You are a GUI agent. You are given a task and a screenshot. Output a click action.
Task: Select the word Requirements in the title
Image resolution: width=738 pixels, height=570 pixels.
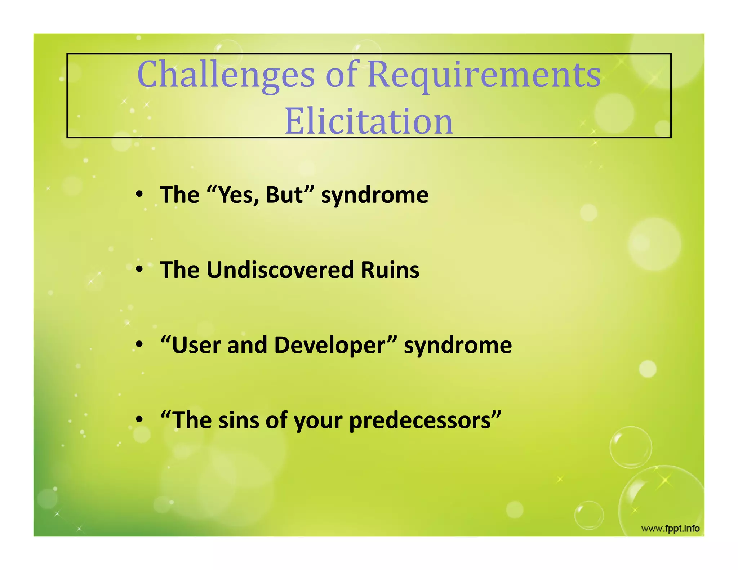pyautogui.click(x=484, y=75)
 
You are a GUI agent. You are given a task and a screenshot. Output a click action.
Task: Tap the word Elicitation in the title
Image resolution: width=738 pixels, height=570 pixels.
pyautogui.click(x=369, y=121)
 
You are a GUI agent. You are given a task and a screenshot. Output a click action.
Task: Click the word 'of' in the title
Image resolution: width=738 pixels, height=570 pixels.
pyautogui.click(x=341, y=75)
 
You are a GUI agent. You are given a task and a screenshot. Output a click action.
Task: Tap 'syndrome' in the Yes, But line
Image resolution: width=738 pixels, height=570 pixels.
pyautogui.click(x=375, y=195)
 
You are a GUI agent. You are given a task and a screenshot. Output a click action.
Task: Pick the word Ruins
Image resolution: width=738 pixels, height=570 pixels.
pyautogui.click(x=390, y=270)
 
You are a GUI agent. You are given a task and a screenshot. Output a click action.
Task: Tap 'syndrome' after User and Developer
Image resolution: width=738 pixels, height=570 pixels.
pyautogui.click(x=458, y=345)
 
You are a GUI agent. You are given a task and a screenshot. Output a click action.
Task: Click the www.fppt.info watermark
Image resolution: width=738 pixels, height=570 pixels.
pyautogui.click(x=670, y=529)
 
